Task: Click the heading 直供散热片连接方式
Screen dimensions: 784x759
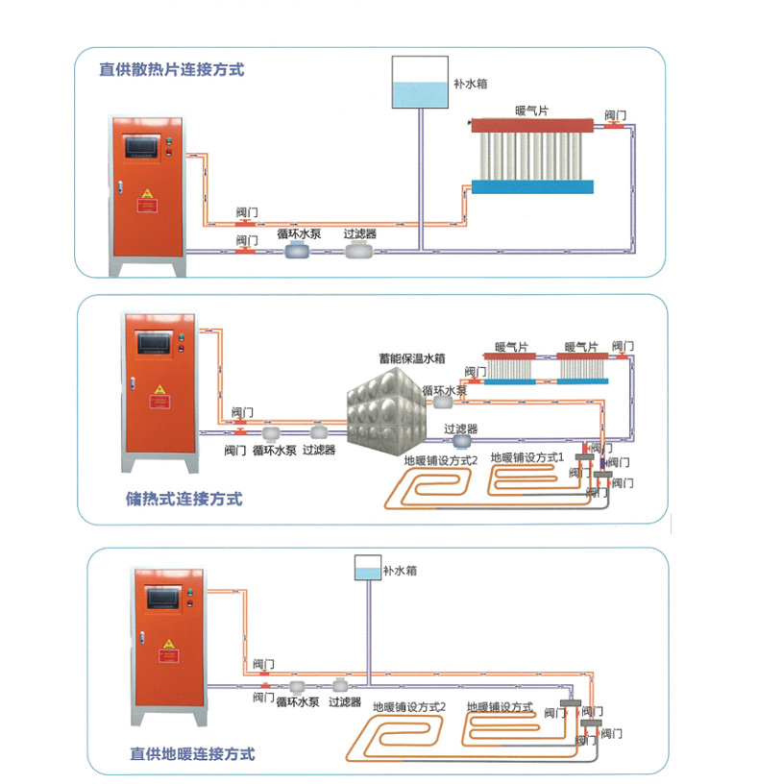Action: pos(171,69)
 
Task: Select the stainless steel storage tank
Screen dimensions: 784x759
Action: pos(383,414)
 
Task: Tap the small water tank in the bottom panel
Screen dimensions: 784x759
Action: pos(366,569)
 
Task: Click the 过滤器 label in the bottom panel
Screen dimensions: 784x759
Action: pos(344,702)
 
